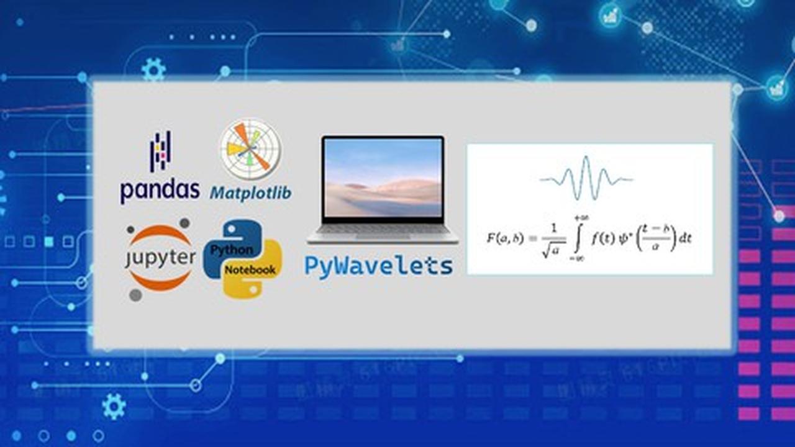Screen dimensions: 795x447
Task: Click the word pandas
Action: click(160, 192)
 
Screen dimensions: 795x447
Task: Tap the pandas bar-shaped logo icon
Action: click(160, 151)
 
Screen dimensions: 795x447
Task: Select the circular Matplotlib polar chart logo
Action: click(250, 150)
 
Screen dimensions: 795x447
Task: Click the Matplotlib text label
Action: click(250, 193)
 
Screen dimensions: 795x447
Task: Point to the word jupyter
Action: click(160, 258)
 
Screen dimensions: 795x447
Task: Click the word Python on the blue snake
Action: click(232, 250)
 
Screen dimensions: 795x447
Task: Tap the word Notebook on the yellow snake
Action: click(250, 270)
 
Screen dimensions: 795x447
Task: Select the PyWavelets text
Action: click(379, 266)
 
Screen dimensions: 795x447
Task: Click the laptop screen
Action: click(383, 178)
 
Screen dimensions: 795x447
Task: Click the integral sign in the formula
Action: click(578, 237)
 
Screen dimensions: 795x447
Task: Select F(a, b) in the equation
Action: click(505, 238)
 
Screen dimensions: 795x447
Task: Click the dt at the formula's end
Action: click(685, 238)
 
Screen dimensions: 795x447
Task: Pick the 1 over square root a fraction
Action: click(553, 240)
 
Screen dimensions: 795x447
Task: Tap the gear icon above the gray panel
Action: click(153, 70)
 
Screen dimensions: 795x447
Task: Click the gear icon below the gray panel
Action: click(114, 407)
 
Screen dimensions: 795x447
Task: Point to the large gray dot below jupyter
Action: click(135, 295)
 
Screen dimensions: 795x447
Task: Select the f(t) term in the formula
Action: click(602, 238)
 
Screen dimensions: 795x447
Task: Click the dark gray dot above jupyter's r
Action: click(184, 223)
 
